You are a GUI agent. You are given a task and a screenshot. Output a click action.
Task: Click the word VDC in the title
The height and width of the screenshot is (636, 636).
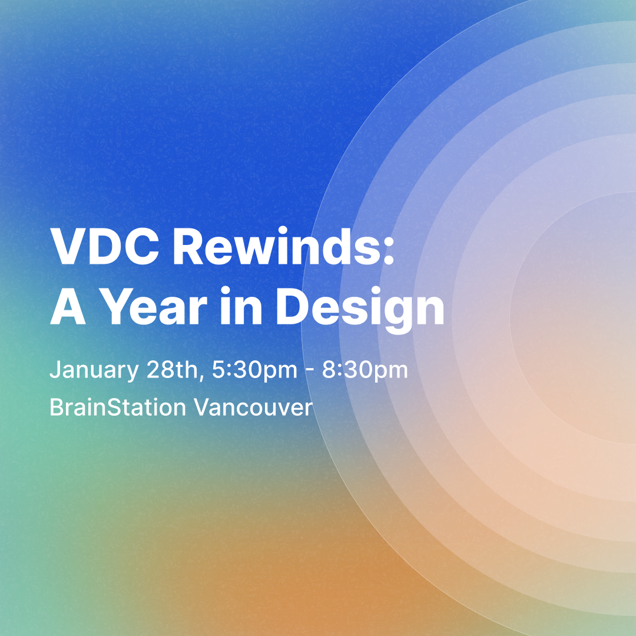coord(104,246)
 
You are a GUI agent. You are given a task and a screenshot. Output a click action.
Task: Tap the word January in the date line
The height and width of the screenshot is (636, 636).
coord(94,370)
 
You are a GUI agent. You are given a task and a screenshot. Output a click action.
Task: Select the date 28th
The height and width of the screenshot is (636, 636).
coord(171,369)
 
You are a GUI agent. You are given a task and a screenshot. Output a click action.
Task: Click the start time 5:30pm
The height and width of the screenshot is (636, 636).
coord(255,370)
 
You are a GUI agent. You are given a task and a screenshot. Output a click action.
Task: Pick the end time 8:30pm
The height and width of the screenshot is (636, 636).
coord(365,370)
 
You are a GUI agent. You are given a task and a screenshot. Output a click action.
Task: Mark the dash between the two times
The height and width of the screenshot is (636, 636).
coord(310,371)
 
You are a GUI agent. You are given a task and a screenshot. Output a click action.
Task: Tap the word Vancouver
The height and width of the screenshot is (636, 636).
coord(253,408)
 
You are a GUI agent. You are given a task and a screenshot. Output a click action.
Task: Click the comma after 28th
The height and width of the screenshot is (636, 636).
coord(201,377)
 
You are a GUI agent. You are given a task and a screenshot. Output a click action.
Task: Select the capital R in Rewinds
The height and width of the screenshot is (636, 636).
coord(190,247)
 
